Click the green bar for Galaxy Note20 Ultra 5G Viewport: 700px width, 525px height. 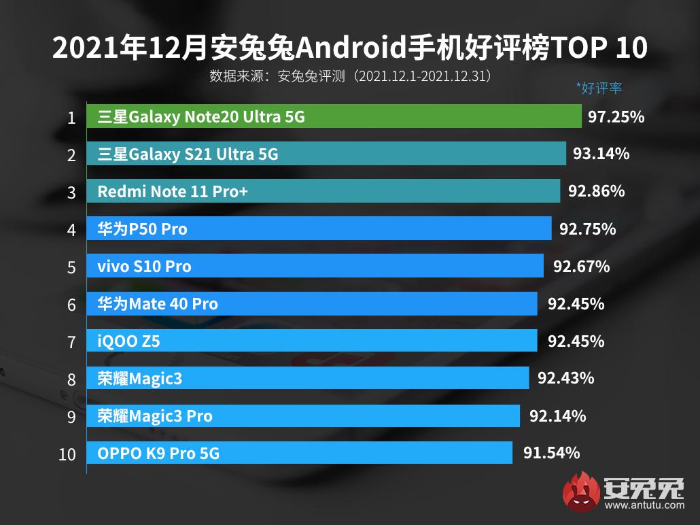click(x=334, y=117)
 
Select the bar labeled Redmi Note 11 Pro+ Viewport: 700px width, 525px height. click(x=323, y=192)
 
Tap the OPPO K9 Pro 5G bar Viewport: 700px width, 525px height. click(x=299, y=453)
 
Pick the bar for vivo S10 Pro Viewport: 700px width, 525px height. click(x=315, y=266)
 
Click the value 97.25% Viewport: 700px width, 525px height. click(x=616, y=117)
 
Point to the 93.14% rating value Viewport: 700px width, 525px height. click(x=601, y=154)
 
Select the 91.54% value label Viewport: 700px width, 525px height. click(x=551, y=453)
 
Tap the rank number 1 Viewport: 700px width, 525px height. click(x=71, y=118)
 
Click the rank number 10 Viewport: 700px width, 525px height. click(x=67, y=454)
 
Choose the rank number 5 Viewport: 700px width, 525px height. click(x=71, y=267)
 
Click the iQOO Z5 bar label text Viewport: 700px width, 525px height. click(x=128, y=341)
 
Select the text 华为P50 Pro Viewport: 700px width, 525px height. click(x=142, y=229)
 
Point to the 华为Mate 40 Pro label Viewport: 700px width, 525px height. click(x=158, y=303)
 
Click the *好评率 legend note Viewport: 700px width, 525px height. click(x=599, y=88)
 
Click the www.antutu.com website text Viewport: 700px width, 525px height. click(x=644, y=505)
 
